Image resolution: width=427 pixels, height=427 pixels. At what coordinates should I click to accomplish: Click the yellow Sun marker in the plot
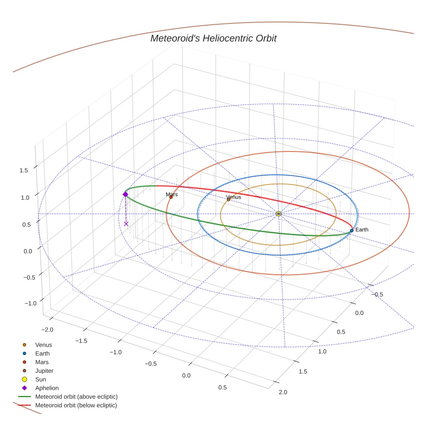coord(278,214)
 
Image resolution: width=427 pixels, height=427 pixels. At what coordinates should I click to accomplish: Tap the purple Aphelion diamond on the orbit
coord(125,194)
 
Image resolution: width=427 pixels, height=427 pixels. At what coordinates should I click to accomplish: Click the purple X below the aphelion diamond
coord(126,224)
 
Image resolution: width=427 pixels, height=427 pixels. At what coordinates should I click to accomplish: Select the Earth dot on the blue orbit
coord(351,230)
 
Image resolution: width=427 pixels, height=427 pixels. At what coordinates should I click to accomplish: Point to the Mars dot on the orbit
coord(171,197)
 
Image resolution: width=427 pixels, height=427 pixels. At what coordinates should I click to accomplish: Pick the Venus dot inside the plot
coord(229,200)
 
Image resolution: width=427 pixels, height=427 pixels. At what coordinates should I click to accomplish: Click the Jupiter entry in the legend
coord(44,371)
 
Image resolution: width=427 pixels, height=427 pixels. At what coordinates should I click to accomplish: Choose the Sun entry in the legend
coord(41,379)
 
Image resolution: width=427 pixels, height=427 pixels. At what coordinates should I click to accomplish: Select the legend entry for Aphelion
coord(46,388)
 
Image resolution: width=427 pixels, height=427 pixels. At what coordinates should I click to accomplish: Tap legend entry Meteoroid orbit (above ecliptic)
coord(76,397)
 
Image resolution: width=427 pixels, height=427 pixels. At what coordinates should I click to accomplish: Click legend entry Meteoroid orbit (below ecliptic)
coord(76,405)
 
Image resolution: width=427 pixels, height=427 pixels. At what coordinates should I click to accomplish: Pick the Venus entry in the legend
coord(43,345)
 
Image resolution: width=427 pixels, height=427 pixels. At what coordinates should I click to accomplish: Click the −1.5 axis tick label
coord(81,341)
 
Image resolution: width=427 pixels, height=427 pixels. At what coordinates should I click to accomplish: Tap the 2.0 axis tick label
coord(282,392)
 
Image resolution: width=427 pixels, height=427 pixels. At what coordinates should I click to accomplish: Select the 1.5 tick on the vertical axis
coord(23,170)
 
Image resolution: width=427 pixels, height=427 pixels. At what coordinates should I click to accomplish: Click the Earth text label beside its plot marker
coord(362,230)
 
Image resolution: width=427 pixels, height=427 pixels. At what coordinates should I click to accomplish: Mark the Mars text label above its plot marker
coord(172,194)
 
